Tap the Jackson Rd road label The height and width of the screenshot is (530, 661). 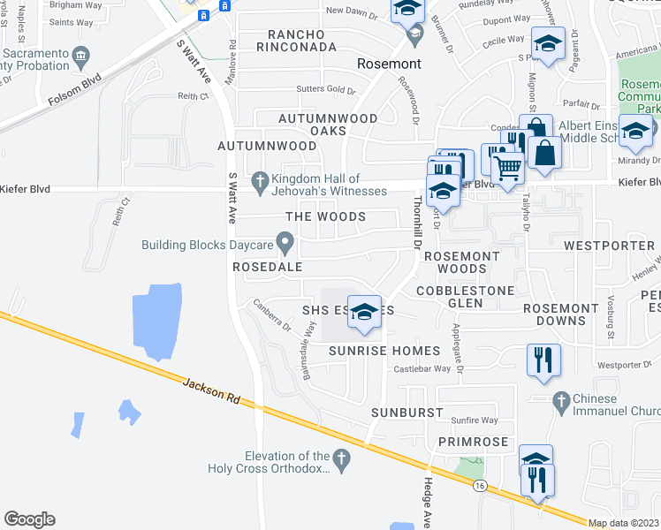click(213, 391)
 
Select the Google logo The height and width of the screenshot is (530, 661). click(29, 519)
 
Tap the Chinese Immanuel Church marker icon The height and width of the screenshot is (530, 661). click(559, 403)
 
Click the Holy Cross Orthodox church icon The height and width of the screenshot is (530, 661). click(344, 456)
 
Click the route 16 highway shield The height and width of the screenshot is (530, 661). click(479, 486)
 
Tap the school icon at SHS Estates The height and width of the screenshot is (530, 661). click(363, 311)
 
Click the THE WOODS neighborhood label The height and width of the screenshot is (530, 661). click(325, 216)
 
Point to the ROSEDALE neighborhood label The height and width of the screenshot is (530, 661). click(268, 266)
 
